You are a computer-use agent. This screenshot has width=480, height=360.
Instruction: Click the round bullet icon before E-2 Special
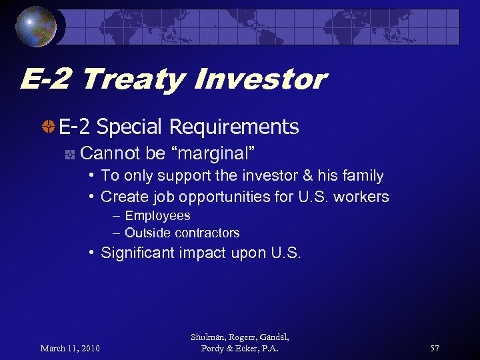point(49,127)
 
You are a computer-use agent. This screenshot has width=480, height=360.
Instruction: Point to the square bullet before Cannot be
point(69,155)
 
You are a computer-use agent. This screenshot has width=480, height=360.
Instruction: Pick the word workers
point(363,197)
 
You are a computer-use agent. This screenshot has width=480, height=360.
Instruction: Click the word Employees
point(157,215)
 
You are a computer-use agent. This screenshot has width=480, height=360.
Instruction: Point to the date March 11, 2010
point(70,348)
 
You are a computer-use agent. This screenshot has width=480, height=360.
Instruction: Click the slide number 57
point(435,348)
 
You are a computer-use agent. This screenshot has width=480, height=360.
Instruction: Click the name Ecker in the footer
point(251,349)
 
